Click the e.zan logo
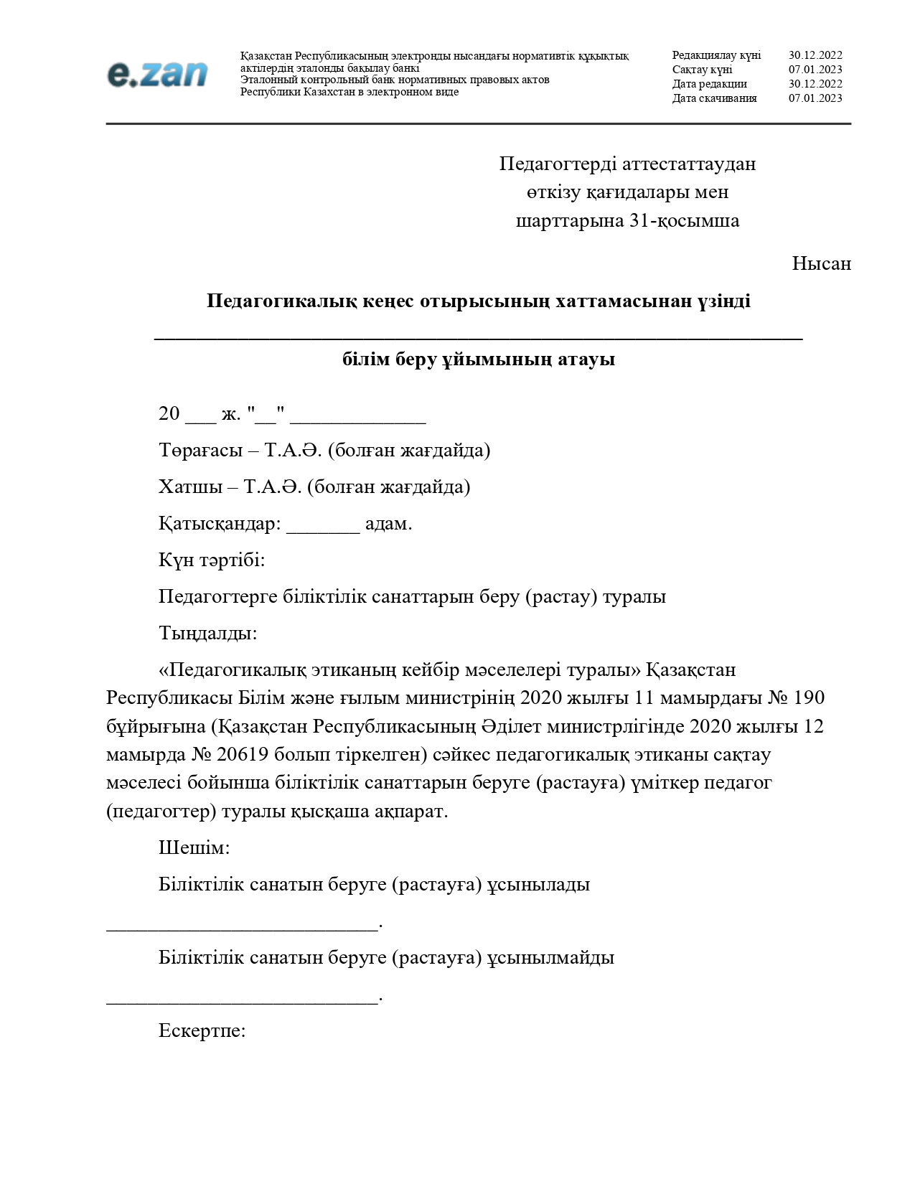click(157, 75)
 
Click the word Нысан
click(821, 264)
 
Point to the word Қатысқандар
click(220, 524)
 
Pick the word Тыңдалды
click(207, 634)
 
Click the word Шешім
click(194, 848)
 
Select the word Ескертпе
click(202, 1031)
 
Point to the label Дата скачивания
click(714, 98)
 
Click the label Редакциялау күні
click(716, 55)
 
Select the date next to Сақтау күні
click(815, 70)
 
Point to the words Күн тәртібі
click(212, 560)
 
